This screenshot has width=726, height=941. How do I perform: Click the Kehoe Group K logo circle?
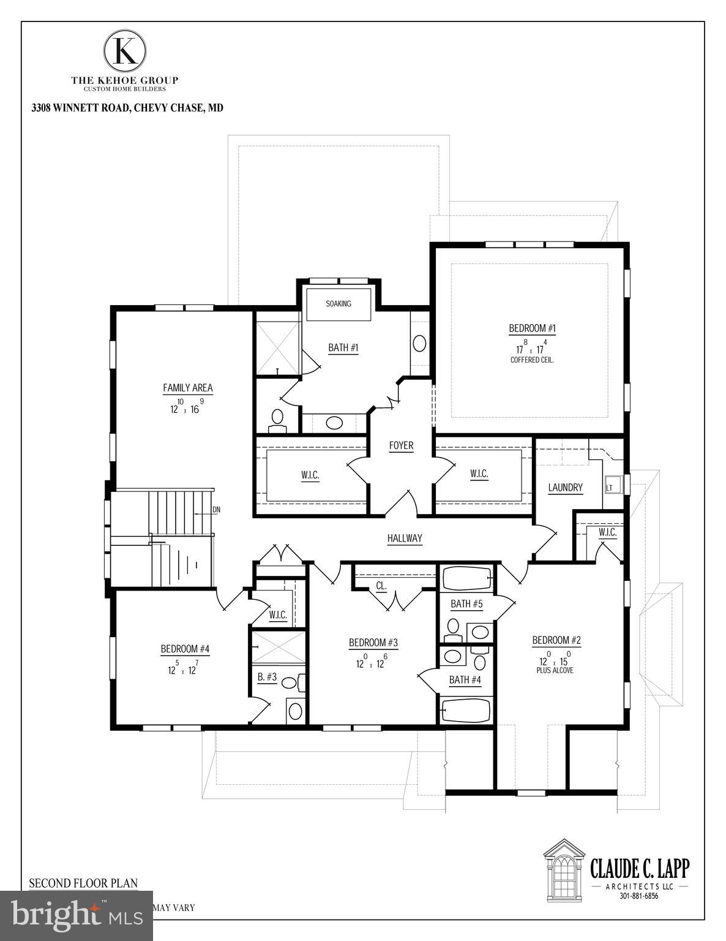[125, 51]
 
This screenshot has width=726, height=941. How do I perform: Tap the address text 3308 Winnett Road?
[127, 108]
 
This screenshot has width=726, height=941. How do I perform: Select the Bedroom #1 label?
[532, 329]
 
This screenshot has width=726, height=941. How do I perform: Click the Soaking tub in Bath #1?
[339, 304]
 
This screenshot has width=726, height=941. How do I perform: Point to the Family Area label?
[187, 388]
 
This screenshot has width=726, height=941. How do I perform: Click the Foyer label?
[401, 445]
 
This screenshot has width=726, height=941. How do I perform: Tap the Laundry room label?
[565, 488]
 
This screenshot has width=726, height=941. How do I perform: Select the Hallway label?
[405, 539]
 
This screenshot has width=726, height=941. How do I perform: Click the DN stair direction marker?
[215, 510]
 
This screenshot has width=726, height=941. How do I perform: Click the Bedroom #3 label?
[373, 643]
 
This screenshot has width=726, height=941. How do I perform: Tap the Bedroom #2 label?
[556, 641]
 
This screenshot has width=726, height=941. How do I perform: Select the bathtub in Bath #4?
[466, 711]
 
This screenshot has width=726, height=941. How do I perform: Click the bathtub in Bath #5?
[466, 578]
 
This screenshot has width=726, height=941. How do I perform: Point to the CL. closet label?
[381, 586]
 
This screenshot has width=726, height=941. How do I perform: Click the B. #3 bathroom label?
[267, 678]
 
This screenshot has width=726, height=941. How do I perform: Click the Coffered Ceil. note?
[532, 360]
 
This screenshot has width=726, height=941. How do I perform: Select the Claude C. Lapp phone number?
[638, 896]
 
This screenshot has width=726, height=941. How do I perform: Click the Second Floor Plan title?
[83, 883]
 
